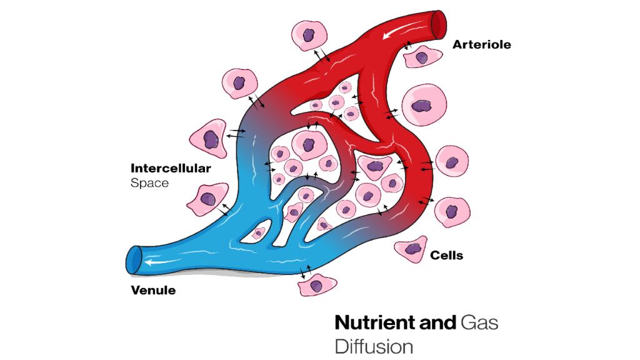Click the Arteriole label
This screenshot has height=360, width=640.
click(x=481, y=44)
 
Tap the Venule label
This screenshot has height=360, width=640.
click(x=153, y=290)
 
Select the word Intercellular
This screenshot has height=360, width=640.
click(x=171, y=168)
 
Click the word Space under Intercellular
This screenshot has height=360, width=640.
click(x=149, y=184)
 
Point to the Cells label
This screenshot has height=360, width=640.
click(x=446, y=255)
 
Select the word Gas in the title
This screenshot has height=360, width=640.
click(x=479, y=322)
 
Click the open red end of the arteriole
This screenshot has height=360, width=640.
click(x=440, y=23)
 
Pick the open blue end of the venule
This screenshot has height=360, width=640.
click(x=134, y=259)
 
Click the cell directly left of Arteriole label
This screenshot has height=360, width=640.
click(x=422, y=57)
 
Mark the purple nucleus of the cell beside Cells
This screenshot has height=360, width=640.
click(x=413, y=249)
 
